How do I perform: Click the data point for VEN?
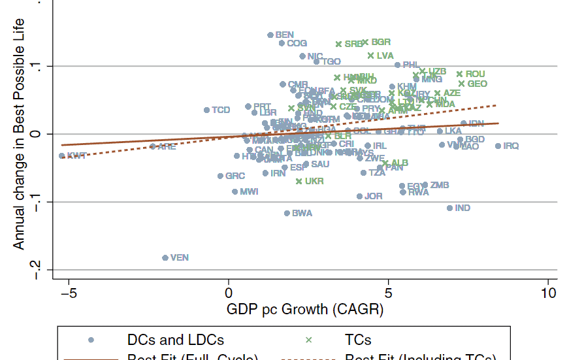click(x=165, y=258)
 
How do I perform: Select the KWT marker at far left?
click(x=62, y=156)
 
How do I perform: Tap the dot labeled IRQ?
click(x=498, y=146)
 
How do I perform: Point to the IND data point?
click(x=449, y=208)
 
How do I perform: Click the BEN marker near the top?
click(x=270, y=35)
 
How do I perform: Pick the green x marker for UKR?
click(x=299, y=181)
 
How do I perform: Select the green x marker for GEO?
click(x=461, y=84)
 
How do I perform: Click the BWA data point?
click(x=287, y=214)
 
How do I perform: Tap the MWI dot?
click(x=235, y=192)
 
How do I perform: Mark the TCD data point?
click(x=206, y=110)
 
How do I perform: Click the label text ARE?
click(x=167, y=147)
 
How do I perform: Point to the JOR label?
click(x=373, y=196)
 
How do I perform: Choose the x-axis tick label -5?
click(x=69, y=291)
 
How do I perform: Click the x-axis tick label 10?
click(x=548, y=291)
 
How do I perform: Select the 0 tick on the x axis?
click(x=229, y=291)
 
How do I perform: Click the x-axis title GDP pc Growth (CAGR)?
click(x=304, y=309)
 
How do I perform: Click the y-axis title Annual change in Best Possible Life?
click(x=19, y=124)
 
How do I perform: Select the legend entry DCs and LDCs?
click(x=175, y=340)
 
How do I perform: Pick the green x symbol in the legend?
click(x=309, y=340)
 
